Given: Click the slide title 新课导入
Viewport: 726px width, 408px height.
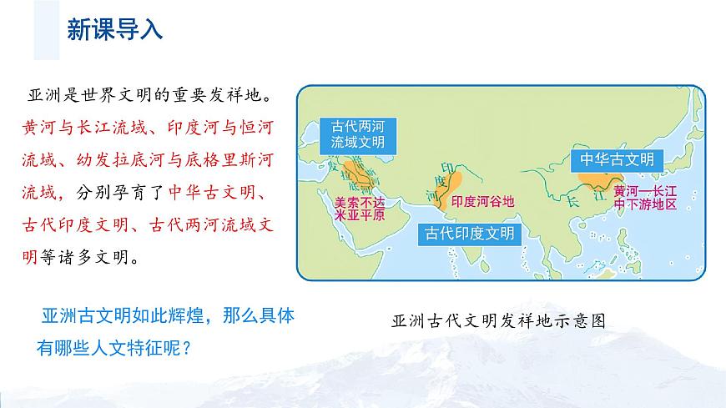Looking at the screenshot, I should pyautogui.click(x=114, y=31).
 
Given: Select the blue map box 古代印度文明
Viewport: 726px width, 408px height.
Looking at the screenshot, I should pyautogui.click(x=469, y=233).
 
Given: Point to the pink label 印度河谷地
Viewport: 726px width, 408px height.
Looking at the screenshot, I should pyautogui.click(x=483, y=201).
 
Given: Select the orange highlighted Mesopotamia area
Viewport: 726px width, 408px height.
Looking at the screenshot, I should pyautogui.click(x=359, y=174).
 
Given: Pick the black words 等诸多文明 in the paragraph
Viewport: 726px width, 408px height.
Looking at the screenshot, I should pyautogui.click(x=87, y=257).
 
